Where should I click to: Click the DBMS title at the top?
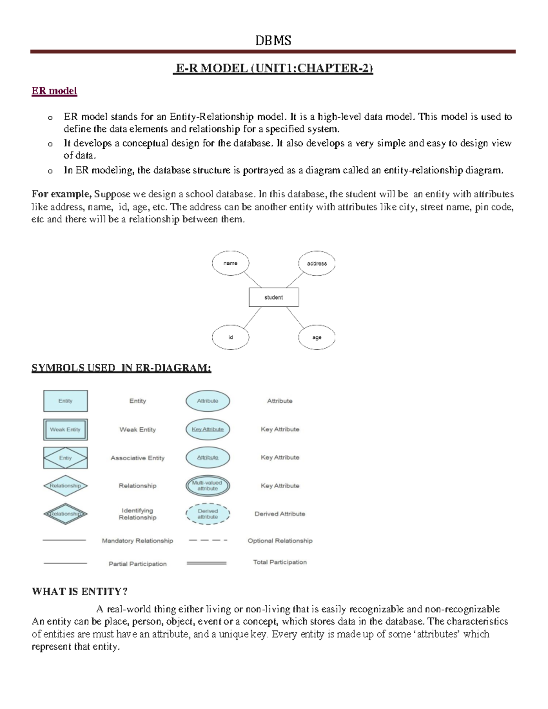[273, 41]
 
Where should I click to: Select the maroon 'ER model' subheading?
[54, 91]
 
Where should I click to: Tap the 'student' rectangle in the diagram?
[274, 297]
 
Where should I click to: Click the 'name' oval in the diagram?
[231, 263]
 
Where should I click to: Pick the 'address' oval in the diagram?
[316, 263]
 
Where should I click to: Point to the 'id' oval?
[231, 337]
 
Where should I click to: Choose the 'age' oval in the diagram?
[316, 337]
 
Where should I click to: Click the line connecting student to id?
[252, 318]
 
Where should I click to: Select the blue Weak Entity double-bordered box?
[65, 430]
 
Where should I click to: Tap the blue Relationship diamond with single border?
[65, 486]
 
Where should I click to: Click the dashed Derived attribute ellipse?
[208, 514]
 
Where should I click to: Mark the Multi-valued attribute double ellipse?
[208, 486]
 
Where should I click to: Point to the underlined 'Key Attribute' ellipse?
[208, 429]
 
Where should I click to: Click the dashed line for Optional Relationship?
[208, 541]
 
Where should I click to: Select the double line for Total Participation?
[206, 563]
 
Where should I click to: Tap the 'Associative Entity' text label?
[137, 458]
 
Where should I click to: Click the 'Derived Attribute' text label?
[279, 514]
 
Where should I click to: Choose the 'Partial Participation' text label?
[137, 564]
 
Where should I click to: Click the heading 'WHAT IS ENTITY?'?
[79, 592]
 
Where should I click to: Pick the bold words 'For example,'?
[62, 194]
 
